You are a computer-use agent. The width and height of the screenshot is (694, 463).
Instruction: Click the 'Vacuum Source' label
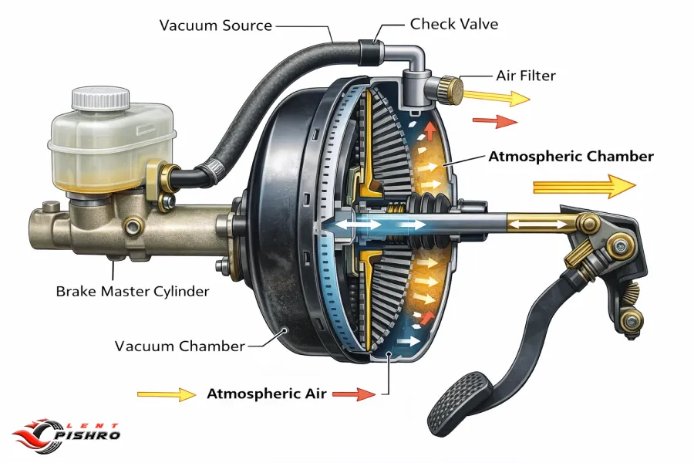[x=216, y=25]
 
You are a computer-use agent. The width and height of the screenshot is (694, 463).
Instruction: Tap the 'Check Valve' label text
[x=454, y=24]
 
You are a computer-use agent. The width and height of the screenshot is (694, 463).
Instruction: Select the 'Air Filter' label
[x=526, y=76]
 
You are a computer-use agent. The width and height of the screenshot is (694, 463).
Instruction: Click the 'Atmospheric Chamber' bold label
[x=571, y=157]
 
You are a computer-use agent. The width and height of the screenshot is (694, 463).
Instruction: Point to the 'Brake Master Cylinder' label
[x=133, y=292]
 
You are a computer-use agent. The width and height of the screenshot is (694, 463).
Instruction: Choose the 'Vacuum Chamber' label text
[x=180, y=346]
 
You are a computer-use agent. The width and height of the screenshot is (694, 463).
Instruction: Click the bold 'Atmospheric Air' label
[x=267, y=394]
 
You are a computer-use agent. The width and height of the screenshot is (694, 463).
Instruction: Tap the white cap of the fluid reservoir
[x=101, y=99]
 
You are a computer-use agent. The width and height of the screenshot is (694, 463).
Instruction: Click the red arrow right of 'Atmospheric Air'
[x=354, y=394]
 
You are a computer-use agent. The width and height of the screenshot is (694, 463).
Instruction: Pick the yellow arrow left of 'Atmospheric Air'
[x=167, y=394]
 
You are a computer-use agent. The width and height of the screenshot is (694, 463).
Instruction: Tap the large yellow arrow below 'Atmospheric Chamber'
[x=585, y=186]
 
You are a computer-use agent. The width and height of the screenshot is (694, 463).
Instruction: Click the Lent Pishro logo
[x=66, y=435]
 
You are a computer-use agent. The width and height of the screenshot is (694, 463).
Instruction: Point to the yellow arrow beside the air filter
[x=497, y=97]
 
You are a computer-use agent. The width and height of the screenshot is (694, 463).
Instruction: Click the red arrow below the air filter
[x=495, y=121]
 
